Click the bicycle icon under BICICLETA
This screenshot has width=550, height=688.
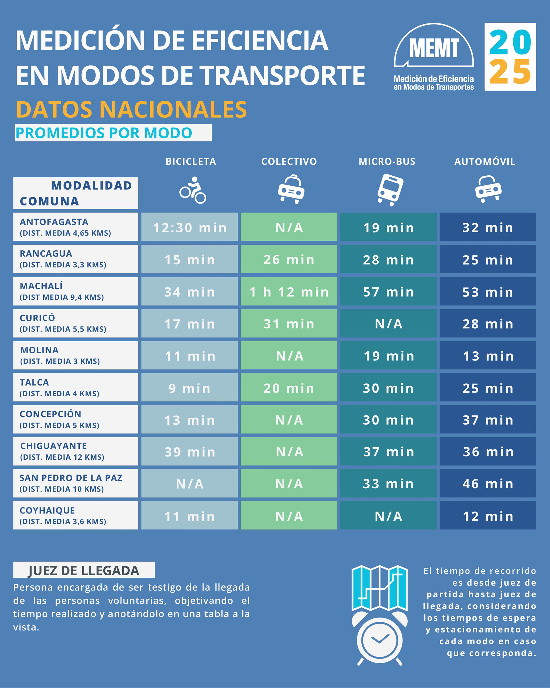tap(192, 190)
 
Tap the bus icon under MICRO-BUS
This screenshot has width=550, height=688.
tap(390, 190)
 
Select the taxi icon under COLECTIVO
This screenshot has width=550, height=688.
tap(291, 189)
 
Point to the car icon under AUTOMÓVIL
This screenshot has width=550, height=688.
tap(488, 189)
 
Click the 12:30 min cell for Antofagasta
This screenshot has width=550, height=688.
tap(190, 227)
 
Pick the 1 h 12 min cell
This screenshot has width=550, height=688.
tap(289, 292)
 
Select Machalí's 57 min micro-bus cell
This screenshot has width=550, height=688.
tap(388, 292)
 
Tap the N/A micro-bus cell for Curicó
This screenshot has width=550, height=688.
tap(388, 324)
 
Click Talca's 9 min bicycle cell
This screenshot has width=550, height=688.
tap(190, 388)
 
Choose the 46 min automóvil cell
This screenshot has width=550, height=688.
tap(488, 484)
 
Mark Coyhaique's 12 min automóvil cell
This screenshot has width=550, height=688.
tap(488, 516)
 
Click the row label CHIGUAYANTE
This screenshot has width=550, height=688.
tap(54, 446)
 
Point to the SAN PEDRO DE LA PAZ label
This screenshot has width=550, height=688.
tap(71, 478)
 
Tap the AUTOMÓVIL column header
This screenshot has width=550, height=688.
tap(485, 162)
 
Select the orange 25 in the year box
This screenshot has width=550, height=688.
tap(510, 72)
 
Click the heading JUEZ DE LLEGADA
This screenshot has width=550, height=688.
tap(84, 571)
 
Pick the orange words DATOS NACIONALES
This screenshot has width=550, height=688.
tap(131, 109)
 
